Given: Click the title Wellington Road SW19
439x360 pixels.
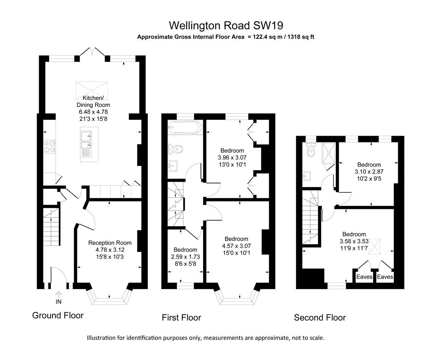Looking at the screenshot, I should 226,25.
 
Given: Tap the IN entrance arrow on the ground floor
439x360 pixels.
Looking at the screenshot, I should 59,295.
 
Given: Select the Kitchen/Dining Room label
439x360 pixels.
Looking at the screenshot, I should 93,101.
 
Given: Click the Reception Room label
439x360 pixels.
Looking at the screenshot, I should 110,243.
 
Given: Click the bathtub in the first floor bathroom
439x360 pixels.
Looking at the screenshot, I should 184,128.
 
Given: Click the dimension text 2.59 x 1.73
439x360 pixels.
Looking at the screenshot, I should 185,256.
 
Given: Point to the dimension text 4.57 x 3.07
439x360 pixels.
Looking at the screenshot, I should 236,246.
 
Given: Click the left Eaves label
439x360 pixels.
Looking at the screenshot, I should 364,277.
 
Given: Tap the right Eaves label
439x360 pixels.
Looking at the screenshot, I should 385,277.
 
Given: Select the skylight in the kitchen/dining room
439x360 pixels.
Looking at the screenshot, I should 92,89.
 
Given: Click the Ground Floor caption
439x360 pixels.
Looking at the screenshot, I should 58,315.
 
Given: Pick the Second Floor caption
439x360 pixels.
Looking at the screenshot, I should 320,318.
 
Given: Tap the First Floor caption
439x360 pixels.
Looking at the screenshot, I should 181,318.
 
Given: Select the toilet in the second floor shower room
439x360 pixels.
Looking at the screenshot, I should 311,151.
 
